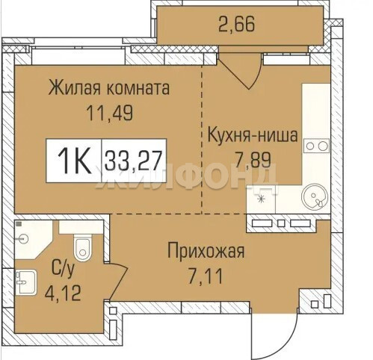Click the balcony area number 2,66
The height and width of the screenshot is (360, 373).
236,25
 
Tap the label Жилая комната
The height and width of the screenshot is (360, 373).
109,87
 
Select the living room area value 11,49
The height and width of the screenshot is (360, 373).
110,113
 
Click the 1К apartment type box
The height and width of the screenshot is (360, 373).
74,161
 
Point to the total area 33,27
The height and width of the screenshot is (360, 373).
134,161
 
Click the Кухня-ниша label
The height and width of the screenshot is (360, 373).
253,134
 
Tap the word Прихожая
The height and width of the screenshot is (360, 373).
206,252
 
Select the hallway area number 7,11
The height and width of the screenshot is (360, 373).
205,277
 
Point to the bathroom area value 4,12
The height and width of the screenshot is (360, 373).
63,293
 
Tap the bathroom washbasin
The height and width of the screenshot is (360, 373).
26,282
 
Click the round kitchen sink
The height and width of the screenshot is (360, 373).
315,196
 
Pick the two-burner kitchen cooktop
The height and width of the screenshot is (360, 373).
316,146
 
